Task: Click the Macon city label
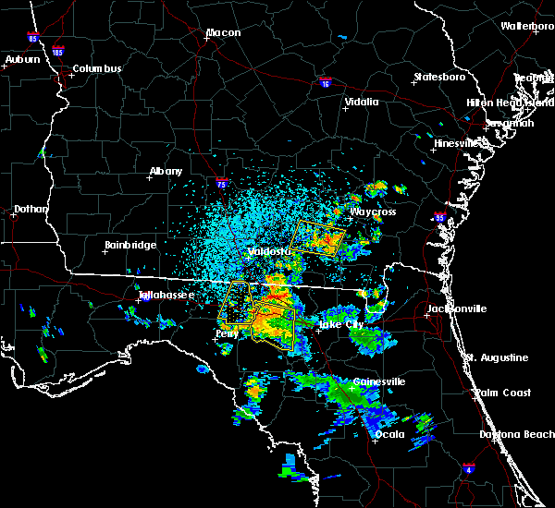coord(223,33)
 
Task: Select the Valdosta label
coord(270,251)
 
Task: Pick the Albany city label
coord(166,171)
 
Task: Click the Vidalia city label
coord(361,102)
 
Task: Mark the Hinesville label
coord(458,144)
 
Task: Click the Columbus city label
coord(97,68)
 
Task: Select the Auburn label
coord(21,59)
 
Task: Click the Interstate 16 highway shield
coord(325,82)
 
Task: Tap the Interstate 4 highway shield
coord(471,469)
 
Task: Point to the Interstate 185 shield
coord(58,53)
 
